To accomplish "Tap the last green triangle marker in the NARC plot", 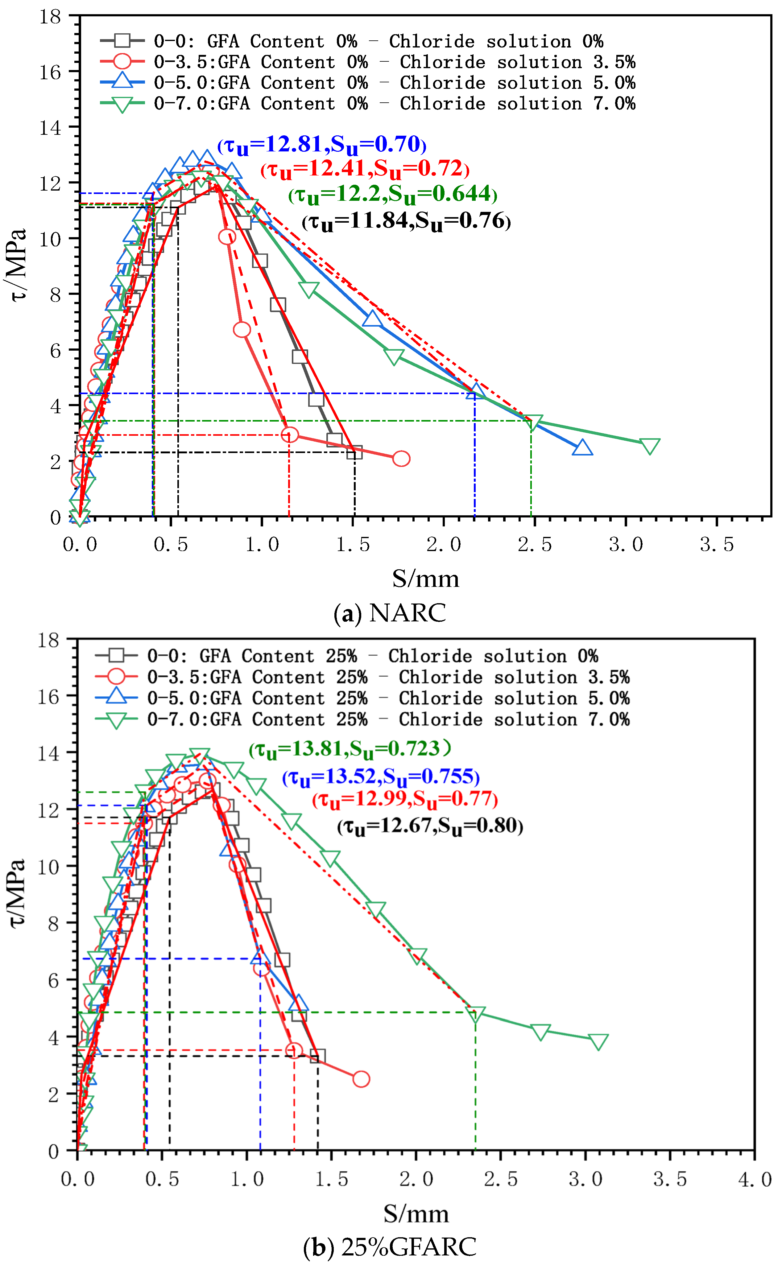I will (650, 446).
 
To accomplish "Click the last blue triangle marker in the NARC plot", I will (582, 448).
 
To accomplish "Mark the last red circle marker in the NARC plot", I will (401, 459).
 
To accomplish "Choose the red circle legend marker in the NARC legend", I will (122, 61).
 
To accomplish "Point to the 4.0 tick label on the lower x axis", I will (755, 1180).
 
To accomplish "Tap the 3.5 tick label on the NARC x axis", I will (717, 545).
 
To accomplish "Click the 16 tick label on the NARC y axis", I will (50, 72).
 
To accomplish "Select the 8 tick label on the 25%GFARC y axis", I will (53, 924).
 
